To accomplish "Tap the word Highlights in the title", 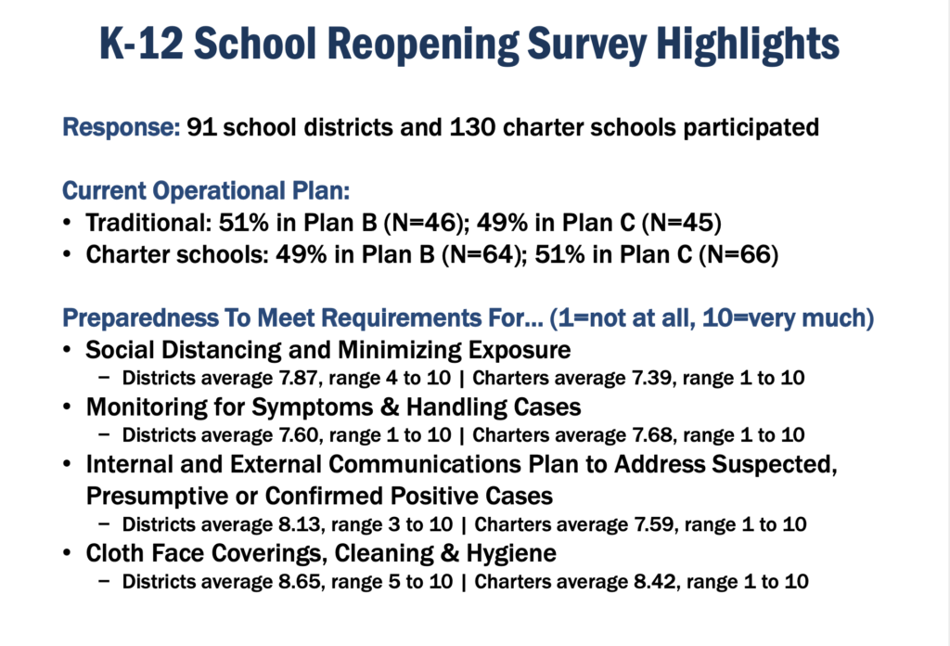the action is point(749,44).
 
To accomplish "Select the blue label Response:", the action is point(122,128).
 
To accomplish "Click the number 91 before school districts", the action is point(201,127).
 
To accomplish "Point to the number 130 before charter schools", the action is point(472,127).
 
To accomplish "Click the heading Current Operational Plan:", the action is point(206,191).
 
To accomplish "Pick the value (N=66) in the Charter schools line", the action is point(738,254).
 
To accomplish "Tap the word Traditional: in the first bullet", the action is point(148,223).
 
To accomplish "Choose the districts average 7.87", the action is point(298,378).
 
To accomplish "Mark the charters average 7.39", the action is point(651,378).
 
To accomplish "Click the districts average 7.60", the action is point(298,435).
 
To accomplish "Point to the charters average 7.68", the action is point(652,435).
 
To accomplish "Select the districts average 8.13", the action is point(299,524).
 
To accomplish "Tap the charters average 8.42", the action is point(654,582).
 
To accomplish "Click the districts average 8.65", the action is point(299,582).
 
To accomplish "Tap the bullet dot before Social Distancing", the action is point(67,350).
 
